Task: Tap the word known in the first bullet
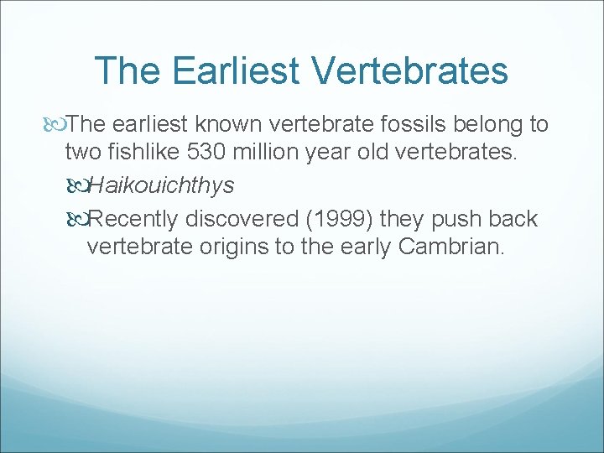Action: (237, 125)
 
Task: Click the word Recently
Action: (133, 219)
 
